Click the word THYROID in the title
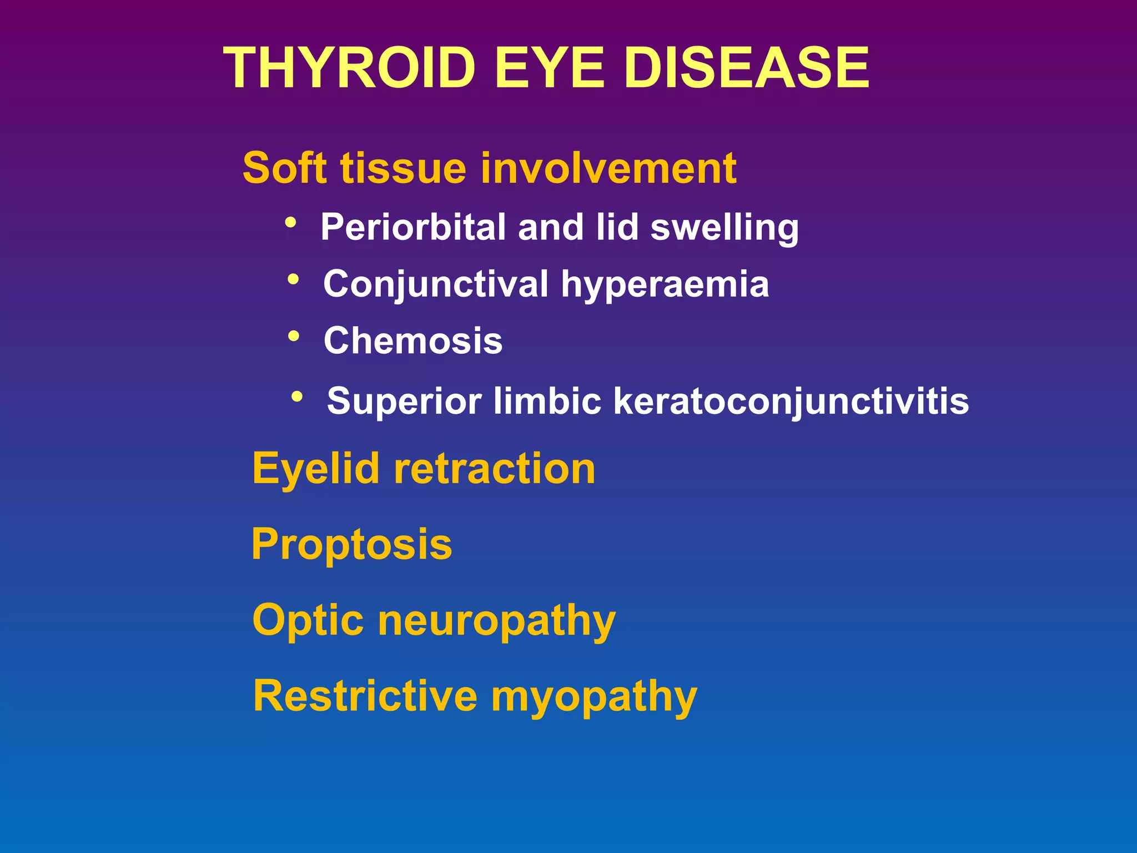[x=349, y=68]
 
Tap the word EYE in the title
[x=550, y=68]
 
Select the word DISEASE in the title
[x=746, y=68]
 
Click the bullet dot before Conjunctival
[x=293, y=279]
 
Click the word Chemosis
[x=413, y=340]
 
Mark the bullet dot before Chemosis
[x=294, y=337]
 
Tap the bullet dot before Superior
[x=297, y=397]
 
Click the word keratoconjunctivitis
[x=791, y=402]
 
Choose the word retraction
[x=494, y=469]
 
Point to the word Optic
[x=308, y=620]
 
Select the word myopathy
[x=594, y=698]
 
